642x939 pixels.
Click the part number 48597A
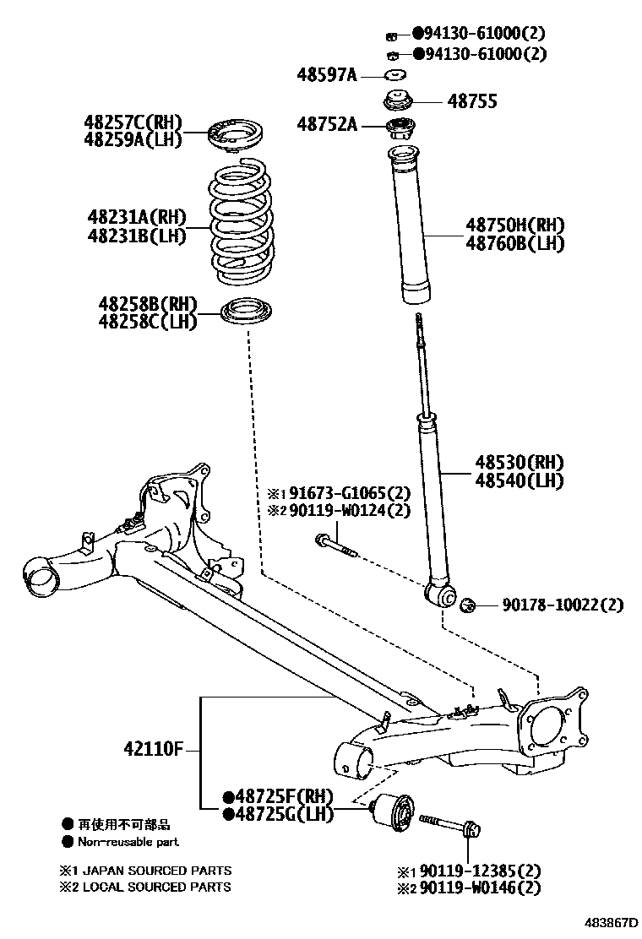click(327, 75)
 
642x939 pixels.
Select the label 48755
click(472, 101)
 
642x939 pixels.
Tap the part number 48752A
click(327, 125)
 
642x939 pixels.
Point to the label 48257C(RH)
click(133, 123)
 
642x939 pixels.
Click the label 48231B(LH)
click(136, 236)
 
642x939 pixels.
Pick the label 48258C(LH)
click(147, 321)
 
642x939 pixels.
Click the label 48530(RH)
click(519, 463)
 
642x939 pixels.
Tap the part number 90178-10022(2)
click(563, 605)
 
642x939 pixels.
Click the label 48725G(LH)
click(279, 815)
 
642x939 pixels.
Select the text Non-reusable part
click(128, 842)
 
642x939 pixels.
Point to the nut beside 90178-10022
click(469, 604)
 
